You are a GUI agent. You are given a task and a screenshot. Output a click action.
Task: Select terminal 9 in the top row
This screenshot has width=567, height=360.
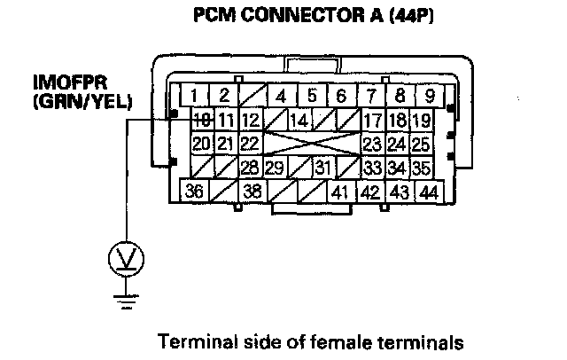click(429, 95)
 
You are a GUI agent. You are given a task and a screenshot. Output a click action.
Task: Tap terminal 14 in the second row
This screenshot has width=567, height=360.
click(299, 120)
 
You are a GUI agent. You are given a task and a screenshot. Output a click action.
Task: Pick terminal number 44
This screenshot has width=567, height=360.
click(429, 192)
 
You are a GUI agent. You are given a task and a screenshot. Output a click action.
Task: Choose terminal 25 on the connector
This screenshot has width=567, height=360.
click(421, 143)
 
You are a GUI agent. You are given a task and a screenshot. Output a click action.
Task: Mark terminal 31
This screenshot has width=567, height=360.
click(323, 167)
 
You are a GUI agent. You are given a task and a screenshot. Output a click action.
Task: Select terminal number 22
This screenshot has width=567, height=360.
click(250, 143)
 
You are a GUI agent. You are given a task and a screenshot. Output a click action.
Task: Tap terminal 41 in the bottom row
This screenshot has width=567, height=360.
click(340, 192)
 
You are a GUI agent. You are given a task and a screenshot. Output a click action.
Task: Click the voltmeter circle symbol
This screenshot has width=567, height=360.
click(120, 259)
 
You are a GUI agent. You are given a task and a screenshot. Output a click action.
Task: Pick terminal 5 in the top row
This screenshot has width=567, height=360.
click(312, 95)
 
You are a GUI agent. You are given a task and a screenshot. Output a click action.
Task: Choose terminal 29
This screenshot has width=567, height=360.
click(275, 167)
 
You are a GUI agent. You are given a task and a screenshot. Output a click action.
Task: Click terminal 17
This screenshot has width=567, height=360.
click(373, 120)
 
